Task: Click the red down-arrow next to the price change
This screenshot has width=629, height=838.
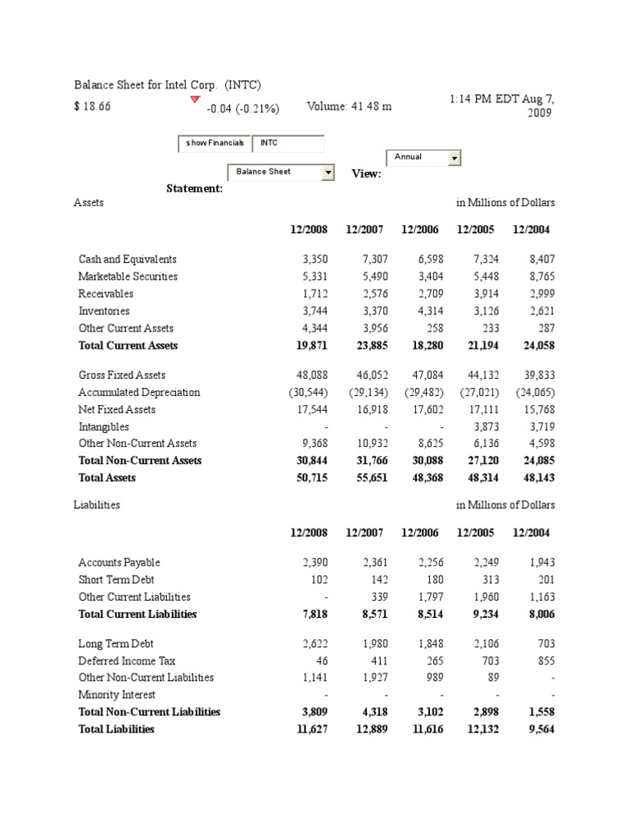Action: click(195, 100)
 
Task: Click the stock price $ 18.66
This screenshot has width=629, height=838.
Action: click(93, 107)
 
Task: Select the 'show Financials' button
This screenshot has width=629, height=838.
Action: click(215, 143)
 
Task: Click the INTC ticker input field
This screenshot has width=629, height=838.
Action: click(288, 143)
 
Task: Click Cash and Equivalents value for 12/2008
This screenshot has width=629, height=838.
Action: click(314, 259)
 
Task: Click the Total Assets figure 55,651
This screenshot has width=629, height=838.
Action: click(366, 478)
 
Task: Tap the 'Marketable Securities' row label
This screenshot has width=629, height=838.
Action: click(128, 277)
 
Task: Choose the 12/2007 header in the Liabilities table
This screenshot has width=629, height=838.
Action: click(364, 533)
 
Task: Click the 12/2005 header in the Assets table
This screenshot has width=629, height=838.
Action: click(476, 230)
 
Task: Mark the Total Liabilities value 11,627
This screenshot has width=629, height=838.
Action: click(312, 729)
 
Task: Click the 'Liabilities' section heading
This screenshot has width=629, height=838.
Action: click(97, 505)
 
